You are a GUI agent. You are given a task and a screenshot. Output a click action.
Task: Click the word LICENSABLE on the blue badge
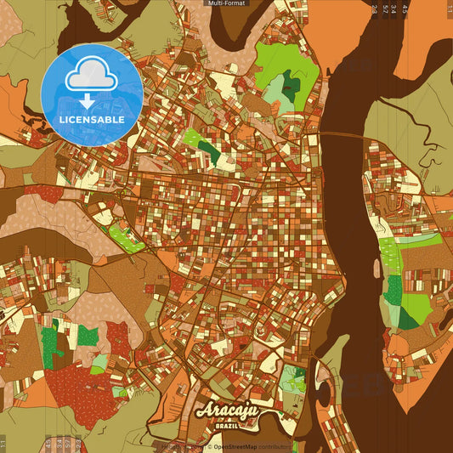tap(92, 120)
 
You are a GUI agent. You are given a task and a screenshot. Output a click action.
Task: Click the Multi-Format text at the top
tap(226, 3)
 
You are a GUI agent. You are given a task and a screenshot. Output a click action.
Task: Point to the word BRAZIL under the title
tap(227, 426)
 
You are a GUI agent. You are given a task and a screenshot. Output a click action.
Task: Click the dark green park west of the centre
tap(208, 152)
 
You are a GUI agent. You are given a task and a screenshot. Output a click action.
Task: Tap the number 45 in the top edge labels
tap(405, 9)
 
